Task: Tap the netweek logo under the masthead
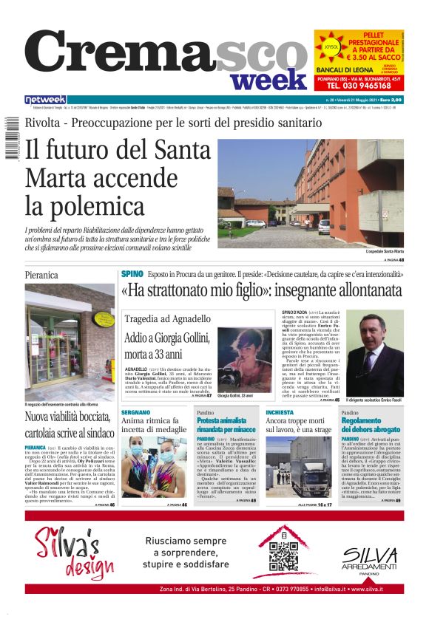tap(45, 99)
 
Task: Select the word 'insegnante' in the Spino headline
tap(308, 290)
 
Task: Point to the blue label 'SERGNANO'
tap(135, 412)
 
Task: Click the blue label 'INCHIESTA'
tap(279, 412)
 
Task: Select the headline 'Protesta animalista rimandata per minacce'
tap(226, 425)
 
